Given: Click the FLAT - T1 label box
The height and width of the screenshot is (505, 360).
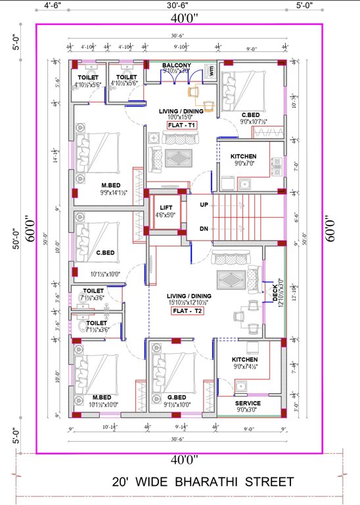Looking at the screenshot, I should click(x=182, y=124).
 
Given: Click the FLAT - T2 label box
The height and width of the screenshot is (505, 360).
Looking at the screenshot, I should click(x=187, y=311).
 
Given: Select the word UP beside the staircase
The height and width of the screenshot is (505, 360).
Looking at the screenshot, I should click(x=204, y=204).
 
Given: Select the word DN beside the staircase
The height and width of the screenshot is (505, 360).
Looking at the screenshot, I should click(x=204, y=228).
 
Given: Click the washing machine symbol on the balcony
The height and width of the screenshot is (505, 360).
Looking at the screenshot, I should click(x=212, y=72).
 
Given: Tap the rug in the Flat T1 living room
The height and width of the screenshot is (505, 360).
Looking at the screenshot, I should click(x=178, y=158).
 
